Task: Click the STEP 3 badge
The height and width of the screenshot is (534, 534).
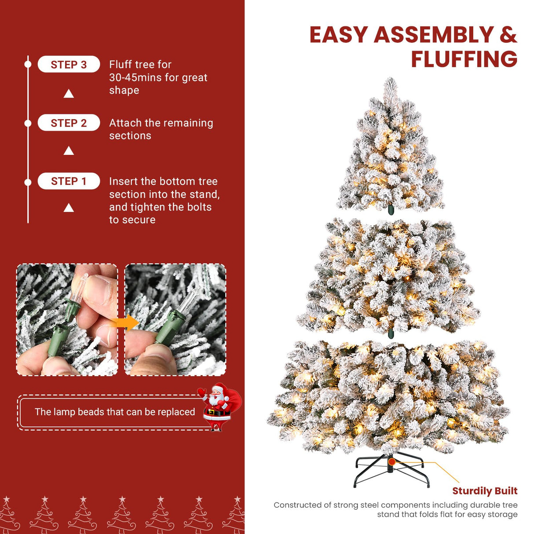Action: click(x=69, y=65)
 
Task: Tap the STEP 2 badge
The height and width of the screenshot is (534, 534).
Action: click(x=69, y=123)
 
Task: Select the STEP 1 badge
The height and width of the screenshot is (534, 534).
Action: click(x=69, y=181)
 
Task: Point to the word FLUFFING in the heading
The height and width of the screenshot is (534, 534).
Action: click(x=464, y=59)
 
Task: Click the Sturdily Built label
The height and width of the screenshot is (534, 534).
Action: click(x=485, y=491)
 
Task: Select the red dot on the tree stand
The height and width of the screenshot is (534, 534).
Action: click(x=391, y=462)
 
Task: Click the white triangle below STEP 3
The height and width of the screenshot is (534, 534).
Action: click(x=69, y=94)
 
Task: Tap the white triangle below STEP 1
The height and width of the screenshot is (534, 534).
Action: click(x=69, y=208)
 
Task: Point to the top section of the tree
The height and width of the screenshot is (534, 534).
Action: click(x=391, y=150)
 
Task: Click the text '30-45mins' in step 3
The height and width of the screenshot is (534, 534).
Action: click(x=135, y=78)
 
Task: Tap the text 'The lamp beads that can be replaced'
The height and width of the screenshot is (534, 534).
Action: click(x=115, y=412)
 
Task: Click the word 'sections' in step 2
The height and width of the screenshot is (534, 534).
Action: click(x=130, y=136)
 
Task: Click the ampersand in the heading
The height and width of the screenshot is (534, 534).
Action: click(x=508, y=35)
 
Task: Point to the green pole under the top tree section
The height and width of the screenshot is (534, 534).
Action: click(x=390, y=210)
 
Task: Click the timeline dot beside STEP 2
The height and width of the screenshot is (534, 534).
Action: click(x=28, y=123)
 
